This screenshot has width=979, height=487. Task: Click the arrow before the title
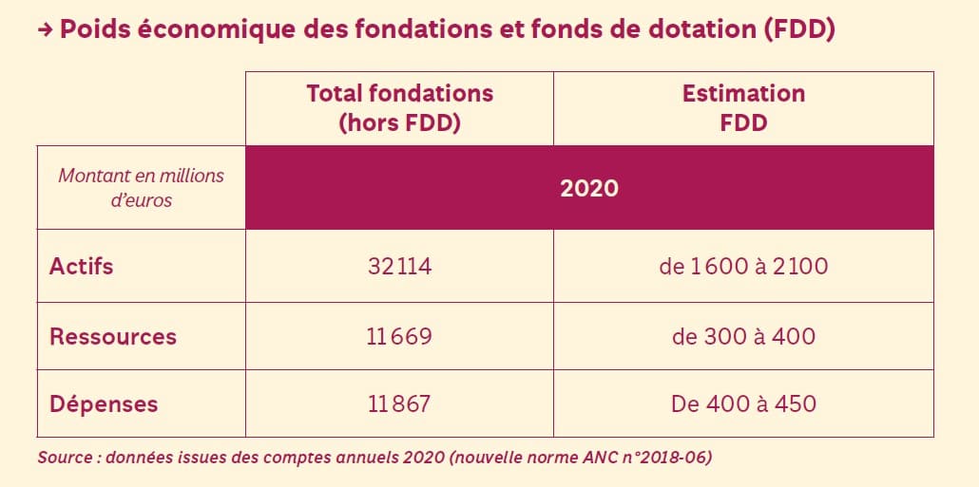click(x=45, y=30)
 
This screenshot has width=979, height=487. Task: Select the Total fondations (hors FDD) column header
click(x=399, y=108)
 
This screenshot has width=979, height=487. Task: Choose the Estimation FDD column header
click(x=743, y=108)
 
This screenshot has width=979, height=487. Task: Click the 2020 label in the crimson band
click(x=589, y=188)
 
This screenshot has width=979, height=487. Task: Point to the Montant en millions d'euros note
click(x=141, y=188)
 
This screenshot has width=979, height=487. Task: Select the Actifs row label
click(x=81, y=266)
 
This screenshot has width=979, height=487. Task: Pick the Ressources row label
click(x=112, y=336)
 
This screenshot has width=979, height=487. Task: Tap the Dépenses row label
click(x=104, y=403)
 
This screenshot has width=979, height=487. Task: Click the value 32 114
click(x=399, y=267)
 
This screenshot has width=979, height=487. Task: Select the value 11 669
click(x=399, y=336)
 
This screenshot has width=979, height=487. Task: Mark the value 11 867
click(x=399, y=403)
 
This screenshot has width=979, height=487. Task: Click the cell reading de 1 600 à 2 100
click(x=743, y=267)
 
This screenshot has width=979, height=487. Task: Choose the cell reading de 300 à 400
click(x=743, y=336)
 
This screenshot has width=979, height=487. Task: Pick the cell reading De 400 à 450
click(x=743, y=403)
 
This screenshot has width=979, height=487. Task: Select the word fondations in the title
click(x=425, y=29)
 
